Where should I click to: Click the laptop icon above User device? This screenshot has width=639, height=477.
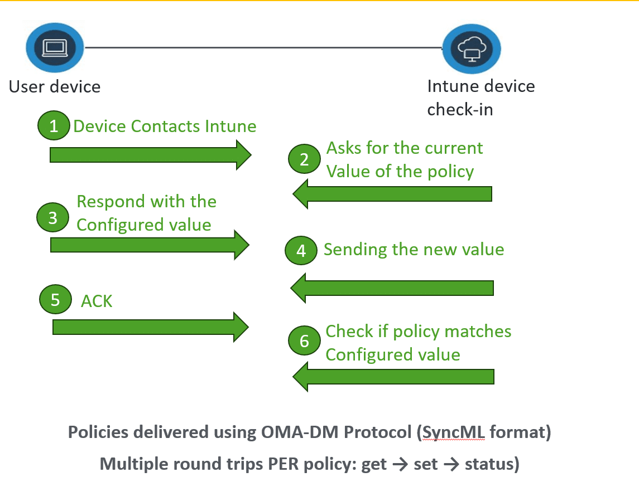pyautogui.click(x=55, y=47)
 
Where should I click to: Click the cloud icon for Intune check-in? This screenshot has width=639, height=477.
pyautogui.click(x=472, y=49)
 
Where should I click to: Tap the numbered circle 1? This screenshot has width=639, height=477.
pyautogui.click(x=54, y=126)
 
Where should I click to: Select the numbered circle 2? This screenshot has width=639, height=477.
pyautogui.click(x=304, y=159)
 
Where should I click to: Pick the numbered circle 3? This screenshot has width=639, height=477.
pyautogui.click(x=52, y=217)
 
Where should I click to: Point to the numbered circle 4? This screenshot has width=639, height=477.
pyautogui.click(x=301, y=250)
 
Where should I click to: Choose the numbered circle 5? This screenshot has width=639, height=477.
pyautogui.click(x=55, y=299)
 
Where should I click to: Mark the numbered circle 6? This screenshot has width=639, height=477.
pyautogui.click(x=304, y=340)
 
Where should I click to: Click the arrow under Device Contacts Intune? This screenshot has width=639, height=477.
pyautogui.click(x=150, y=155)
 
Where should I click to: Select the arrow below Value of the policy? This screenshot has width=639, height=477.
pyautogui.click(x=392, y=194)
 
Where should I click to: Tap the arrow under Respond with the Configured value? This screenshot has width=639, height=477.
pyautogui.click(x=150, y=245)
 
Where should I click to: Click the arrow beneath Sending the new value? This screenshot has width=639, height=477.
pyautogui.click(x=392, y=288)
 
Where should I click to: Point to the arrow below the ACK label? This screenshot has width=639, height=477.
pyautogui.click(x=150, y=327)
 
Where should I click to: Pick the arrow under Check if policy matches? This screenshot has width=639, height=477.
pyautogui.click(x=393, y=377)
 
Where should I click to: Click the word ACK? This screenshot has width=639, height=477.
pyautogui.click(x=97, y=301)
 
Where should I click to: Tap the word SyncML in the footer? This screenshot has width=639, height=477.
pyautogui.click(x=454, y=432)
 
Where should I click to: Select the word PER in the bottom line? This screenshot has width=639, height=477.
pyautogui.click(x=284, y=464)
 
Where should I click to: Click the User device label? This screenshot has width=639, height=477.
pyautogui.click(x=55, y=87)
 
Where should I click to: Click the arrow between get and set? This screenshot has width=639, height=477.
pyautogui.click(x=400, y=464)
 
